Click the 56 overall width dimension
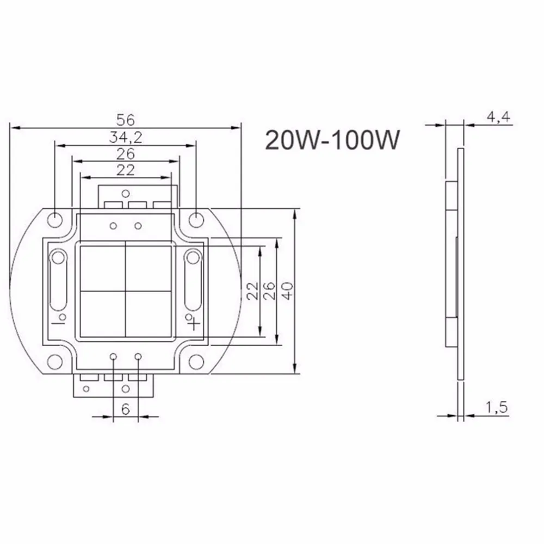[126, 119]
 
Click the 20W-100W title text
[332, 139]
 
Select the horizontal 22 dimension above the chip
[126, 170]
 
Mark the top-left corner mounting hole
[55, 219]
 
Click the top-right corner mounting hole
[196, 219]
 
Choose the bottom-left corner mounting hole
[55, 362]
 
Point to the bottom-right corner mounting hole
[196, 362]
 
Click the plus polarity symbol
[195, 323]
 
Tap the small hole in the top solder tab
[126, 192]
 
